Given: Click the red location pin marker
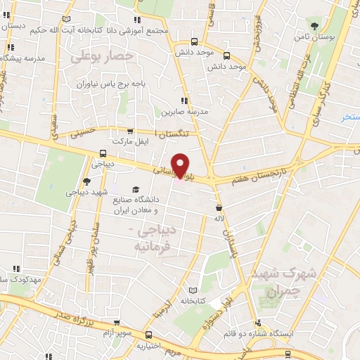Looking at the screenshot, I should pyautogui.click(x=181, y=165).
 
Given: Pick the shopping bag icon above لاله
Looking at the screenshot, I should pyautogui.click(x=221, y=207).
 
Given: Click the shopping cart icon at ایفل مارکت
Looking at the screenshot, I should pyautogui.click(x=129, y=131).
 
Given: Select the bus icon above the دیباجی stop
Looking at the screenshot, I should pyautogui.click(x=103, y=153).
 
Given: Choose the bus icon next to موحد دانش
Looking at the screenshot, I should pyautogui.click(x=226, y=55).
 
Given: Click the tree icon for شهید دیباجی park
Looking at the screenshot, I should pyautogui.click(x=86, y=181).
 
